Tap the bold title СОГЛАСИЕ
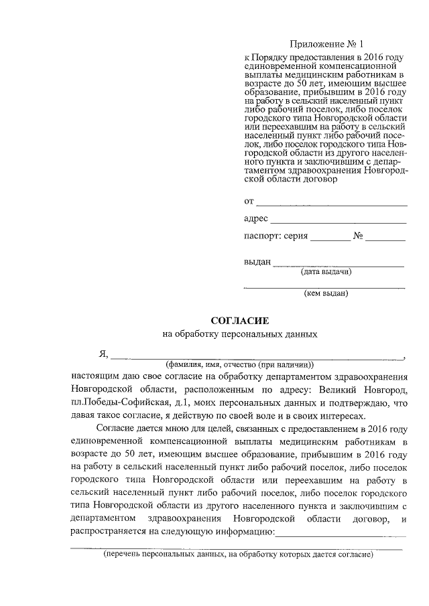pos(240,321)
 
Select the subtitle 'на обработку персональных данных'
pos(240,334)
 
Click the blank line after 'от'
pos(332,202)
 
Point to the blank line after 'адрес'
pos(339,220)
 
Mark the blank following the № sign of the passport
pos(385,238)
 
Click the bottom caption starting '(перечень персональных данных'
pos(237,554)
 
